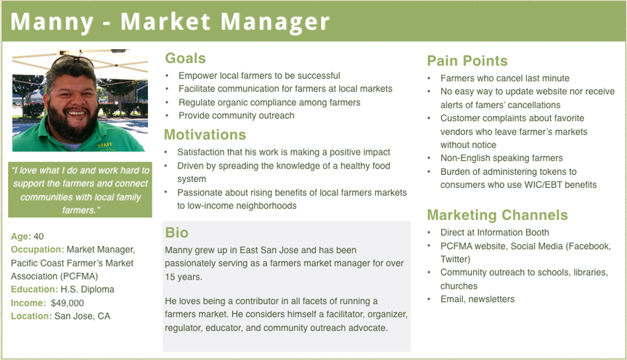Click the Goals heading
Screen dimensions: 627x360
click(x=185, y=58)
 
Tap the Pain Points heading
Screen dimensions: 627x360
click(x=467, y=61)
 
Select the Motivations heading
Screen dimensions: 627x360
click(x=205, y=135)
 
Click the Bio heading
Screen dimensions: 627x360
click(x=176, y=233)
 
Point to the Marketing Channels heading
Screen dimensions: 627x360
click(x=497, y=215)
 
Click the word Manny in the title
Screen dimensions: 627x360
click(x=52, y=22)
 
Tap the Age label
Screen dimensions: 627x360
click(x=21, y=237)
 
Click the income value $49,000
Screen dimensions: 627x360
click(x=67, y=303)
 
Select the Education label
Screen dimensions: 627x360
click(x=34, y=290)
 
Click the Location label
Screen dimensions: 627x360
click(x=31, y=316)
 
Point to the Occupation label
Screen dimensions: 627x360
click(x=37, y=250)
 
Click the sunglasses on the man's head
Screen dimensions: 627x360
click(x=73, y=61)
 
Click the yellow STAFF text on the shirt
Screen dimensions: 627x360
click(x=105, y=145)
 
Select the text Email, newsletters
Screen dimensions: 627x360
click(x=478, y=299)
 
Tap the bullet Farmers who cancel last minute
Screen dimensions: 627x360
click(x=504, y=78)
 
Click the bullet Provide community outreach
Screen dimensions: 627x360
click(x=237, y=115)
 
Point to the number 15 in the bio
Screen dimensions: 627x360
click(x=170, y=277)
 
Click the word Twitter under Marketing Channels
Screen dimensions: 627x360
click(x=455, y=259)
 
